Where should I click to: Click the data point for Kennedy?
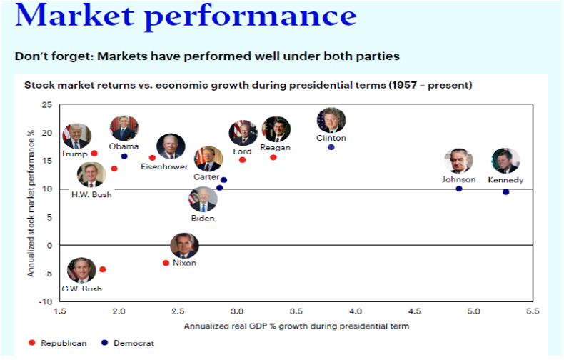(506, 191)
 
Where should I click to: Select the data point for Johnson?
(459, 189)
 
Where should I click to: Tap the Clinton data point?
(331, 147)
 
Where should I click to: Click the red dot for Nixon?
(166, 263)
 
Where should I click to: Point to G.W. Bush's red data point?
(103, 269)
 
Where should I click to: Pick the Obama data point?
(124, 156)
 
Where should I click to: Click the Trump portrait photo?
(76, 136)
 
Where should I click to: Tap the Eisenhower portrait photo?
(171, 146)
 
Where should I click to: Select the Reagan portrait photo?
(276, 129)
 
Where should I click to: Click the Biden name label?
(203, 218)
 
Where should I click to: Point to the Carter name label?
(206, 176)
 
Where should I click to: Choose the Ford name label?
(242, 151)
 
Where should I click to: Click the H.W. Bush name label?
(91, 194)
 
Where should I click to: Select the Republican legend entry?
(59, 343)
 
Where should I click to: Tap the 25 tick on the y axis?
(46, 105)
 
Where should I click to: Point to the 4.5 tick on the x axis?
(414, 311)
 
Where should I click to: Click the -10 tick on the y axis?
(46, 301)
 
